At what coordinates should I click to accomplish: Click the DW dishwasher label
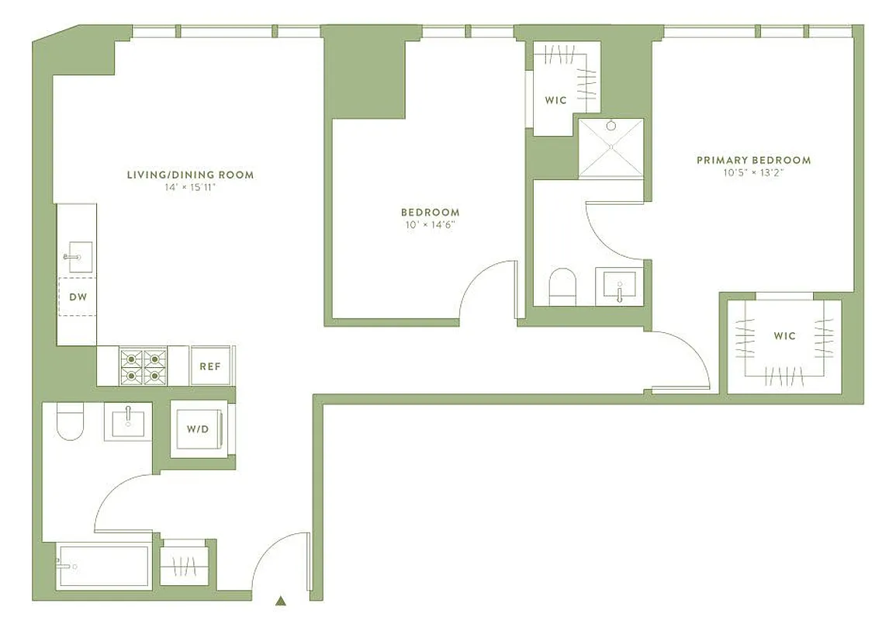click(78, 297)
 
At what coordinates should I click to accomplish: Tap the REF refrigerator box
click(210, 366)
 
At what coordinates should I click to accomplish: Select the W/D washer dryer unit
click(198, 428)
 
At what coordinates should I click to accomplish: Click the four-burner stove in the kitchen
click(143, 366)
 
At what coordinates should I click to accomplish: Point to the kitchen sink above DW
click(78, 257)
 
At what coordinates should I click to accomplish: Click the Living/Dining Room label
click(190, 175)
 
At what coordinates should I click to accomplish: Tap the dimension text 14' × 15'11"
click(190, 187)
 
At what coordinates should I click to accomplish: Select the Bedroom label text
click(430, 212)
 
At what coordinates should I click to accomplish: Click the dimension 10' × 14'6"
click(430, 225)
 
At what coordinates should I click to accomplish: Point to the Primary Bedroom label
click(753, 160)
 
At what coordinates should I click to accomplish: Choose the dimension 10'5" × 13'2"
click(753, 173)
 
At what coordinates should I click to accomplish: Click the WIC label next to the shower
click(555, 100)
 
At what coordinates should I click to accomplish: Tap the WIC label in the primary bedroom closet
click(784, 336)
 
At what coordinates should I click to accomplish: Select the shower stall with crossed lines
click(611, 147)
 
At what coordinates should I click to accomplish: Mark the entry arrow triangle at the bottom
click(282, 600)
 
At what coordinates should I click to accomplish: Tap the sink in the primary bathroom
click(619, 286)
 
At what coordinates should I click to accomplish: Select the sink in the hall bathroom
click(128, 422)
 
